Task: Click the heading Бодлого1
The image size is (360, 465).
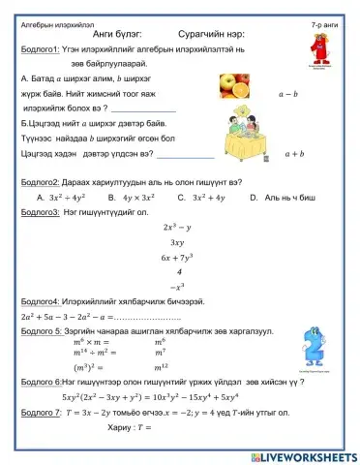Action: click(x=37, y=48)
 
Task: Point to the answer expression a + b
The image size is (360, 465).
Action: click(x=294, y=153)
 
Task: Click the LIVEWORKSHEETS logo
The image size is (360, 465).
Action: click(x=300, y=454)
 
